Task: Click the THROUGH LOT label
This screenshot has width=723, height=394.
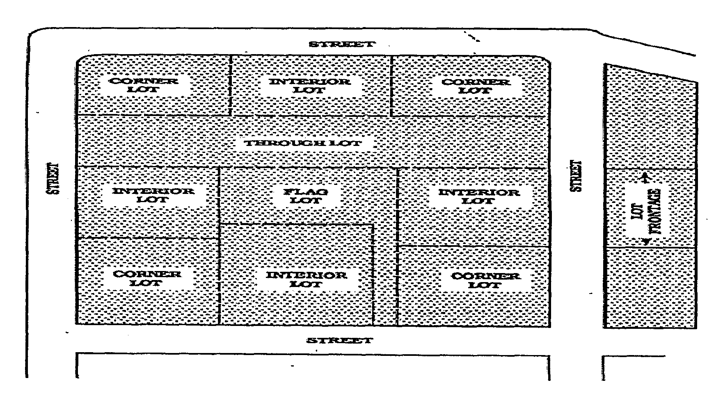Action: (x=303, y=143)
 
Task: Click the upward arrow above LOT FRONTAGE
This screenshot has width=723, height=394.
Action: (x=645, y=178)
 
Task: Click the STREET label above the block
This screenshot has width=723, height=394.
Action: (x=341, y=44)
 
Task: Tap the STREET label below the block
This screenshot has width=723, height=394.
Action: (x=340, y=340)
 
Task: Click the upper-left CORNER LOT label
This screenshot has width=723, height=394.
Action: (x=144, y=85)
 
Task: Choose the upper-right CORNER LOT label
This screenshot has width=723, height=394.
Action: (x=476, y=86)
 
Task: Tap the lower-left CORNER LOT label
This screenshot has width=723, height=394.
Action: (x=147, y=278)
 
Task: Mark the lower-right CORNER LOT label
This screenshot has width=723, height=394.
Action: (x=485, y=280)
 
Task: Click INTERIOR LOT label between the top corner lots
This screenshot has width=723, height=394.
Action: (x=310, y=85)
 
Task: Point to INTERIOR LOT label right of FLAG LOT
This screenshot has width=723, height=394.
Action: (x=478, y=196)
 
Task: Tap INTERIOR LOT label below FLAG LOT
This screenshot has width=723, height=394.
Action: (x=306, y=279)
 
